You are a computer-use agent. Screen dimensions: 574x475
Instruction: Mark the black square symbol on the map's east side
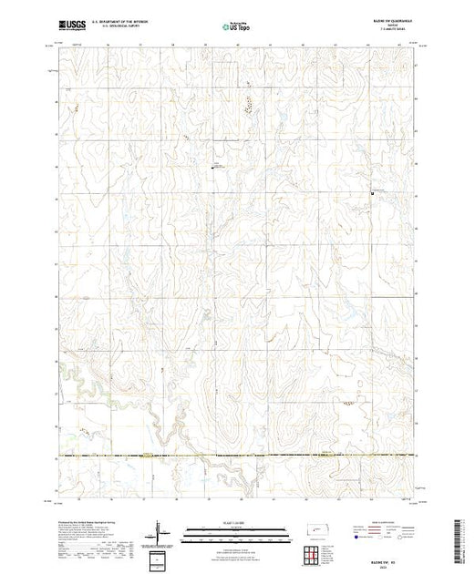[373, 192]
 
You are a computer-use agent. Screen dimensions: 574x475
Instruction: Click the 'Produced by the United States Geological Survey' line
[91, 522]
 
